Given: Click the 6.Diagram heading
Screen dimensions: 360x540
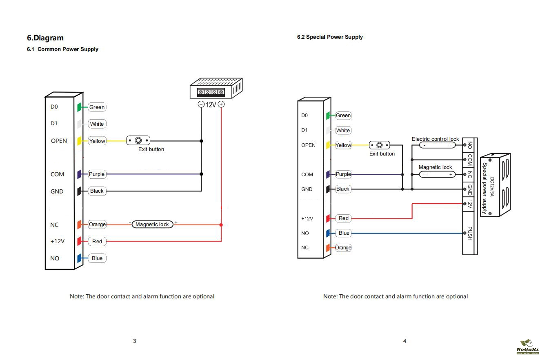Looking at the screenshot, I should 45,38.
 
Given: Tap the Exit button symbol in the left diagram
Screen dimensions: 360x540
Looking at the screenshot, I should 138,141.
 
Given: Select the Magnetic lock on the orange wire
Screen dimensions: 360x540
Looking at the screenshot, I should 152,224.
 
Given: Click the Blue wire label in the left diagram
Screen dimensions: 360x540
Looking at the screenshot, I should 97,258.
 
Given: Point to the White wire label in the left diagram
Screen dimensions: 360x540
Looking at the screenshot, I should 97,124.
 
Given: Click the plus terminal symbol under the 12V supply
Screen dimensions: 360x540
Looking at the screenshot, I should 221,104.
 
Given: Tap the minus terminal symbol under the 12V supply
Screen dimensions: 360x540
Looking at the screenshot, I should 201,104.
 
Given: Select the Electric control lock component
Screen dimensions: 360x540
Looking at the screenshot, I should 437,145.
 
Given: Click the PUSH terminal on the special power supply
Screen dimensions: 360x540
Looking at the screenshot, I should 469,233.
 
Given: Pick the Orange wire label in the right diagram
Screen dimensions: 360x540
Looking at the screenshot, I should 343,248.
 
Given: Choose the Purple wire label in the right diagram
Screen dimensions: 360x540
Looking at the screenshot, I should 343,174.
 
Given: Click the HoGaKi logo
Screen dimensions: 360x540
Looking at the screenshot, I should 527,347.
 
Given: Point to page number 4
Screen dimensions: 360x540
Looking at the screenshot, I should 404,341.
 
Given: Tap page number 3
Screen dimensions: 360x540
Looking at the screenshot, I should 134,341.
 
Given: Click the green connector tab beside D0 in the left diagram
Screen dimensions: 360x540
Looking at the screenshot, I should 80,107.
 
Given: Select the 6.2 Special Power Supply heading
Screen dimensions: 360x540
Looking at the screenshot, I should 330,37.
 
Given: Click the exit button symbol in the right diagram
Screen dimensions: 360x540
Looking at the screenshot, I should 380,145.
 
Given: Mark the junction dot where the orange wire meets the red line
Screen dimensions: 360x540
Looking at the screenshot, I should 221,224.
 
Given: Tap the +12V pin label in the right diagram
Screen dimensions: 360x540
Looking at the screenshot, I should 307,218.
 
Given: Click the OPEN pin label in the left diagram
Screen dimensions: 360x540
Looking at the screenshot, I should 59,141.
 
